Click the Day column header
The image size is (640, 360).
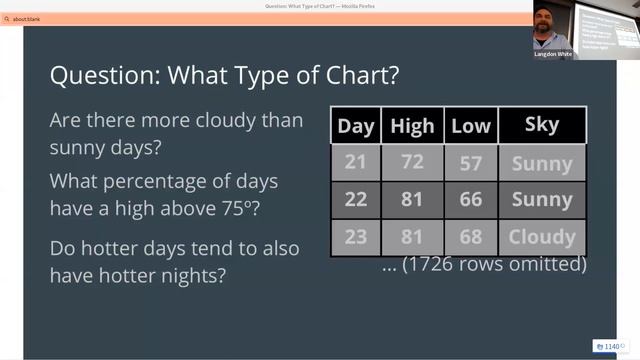coord(356,126)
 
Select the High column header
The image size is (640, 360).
coord(412,126)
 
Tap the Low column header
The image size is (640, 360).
coord(470,126)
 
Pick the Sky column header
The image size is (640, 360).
coord(541,125)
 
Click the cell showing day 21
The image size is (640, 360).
coord(356,163)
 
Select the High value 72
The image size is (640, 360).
coord(412,163)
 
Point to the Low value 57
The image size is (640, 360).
coord(470,163)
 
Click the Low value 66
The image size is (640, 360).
coord(470,200)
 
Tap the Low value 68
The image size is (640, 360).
coord(470,237)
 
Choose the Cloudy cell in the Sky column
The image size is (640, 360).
coord(541,237)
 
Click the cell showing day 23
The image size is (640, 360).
coord(356,237)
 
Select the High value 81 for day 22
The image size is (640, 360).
coord(412,200)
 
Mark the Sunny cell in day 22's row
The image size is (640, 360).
coord(541,200)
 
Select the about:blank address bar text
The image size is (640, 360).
coord(27,19)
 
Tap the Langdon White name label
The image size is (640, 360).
coord(554,54)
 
